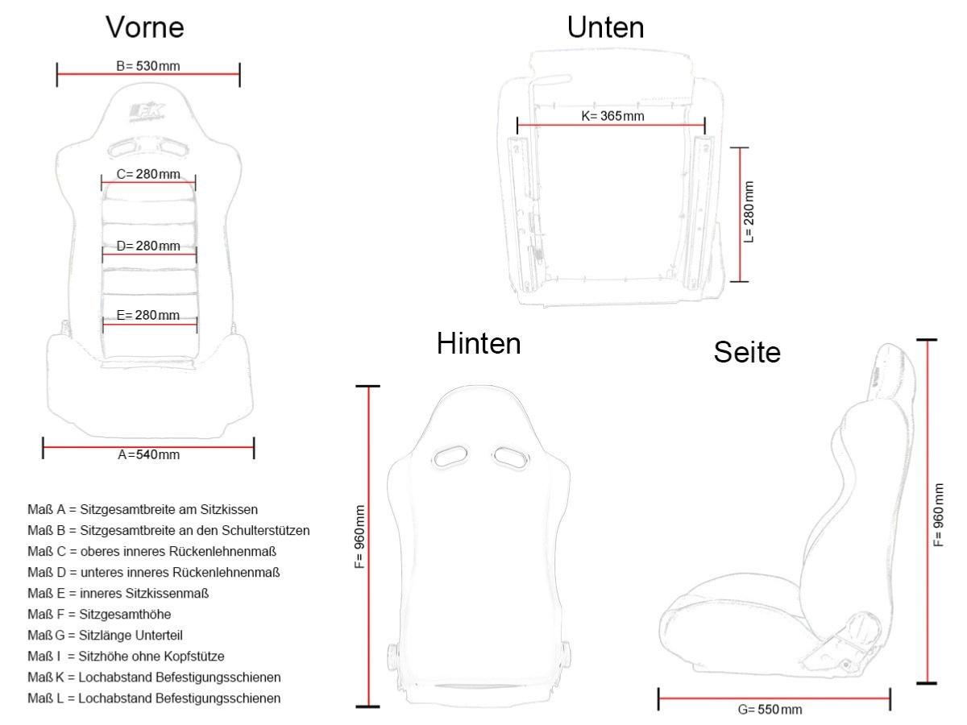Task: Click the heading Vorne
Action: click(144, 27)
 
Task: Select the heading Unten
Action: click(605, 27)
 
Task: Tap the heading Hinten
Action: click(479, 343)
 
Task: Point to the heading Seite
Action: click(747, 352)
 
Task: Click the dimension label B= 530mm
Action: click(148, 66)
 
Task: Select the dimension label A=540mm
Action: click(149, 454)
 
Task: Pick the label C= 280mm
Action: click(148, 174)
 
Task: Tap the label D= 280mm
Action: click(148, 246)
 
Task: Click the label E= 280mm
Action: click(148, 315)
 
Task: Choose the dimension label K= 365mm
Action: click(612, 116)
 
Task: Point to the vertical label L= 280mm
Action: click(749, 212)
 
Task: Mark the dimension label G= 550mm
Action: click(770, 710)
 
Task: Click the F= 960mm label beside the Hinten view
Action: click(360, 536)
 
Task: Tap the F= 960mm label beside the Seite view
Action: click(938, 515)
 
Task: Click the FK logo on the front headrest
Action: click(147, 112)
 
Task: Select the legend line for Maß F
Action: click(99, 614)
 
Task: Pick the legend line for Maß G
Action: click(105, 636)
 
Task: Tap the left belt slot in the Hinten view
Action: click(450, 456)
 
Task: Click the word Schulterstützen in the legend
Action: click(266, 530)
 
